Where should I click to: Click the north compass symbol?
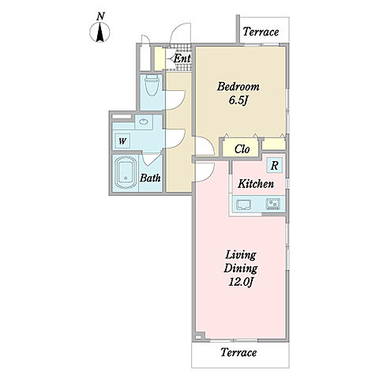(99, 32)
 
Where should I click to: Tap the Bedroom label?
(238, 87)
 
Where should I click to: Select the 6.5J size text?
(238, 100)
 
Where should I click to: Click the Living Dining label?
(241, 262)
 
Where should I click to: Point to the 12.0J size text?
(241, 283)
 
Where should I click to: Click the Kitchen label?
(256, 184)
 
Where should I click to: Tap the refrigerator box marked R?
(275, 165)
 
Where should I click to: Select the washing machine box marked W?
(122, 141)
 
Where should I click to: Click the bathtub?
(126, 173)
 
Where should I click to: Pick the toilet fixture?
(152, 84)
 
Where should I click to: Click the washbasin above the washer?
(144, 122)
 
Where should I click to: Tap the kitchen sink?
(244, 205)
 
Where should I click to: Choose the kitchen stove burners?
(273, 204)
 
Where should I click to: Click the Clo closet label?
(242, 149)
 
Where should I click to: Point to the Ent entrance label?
(182, 58)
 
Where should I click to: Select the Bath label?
(150, 178)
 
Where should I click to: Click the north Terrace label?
(261, 32)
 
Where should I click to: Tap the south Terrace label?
(238, 352)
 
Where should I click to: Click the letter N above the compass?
(100, 17)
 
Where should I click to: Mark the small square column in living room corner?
(200, 336)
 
